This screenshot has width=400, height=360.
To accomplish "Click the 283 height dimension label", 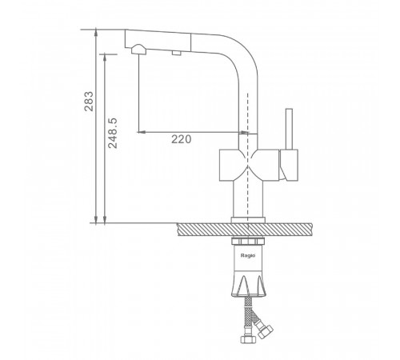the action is point(89,102).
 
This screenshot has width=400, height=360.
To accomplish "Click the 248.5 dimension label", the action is point(113,133).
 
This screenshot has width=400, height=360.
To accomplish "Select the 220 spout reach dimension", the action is point(181,139).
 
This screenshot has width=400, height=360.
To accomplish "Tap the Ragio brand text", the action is point(248,255).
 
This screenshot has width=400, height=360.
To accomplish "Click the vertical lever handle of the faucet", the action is point(289,129).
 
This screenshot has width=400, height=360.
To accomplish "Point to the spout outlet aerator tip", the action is point(138,49).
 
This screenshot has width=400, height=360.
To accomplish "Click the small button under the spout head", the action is point(177,53).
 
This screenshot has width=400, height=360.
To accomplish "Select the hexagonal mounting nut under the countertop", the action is point(248,242).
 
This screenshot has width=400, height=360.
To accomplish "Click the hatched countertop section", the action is point(244,230).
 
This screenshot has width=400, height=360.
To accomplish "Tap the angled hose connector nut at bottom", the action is point(266,331).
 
